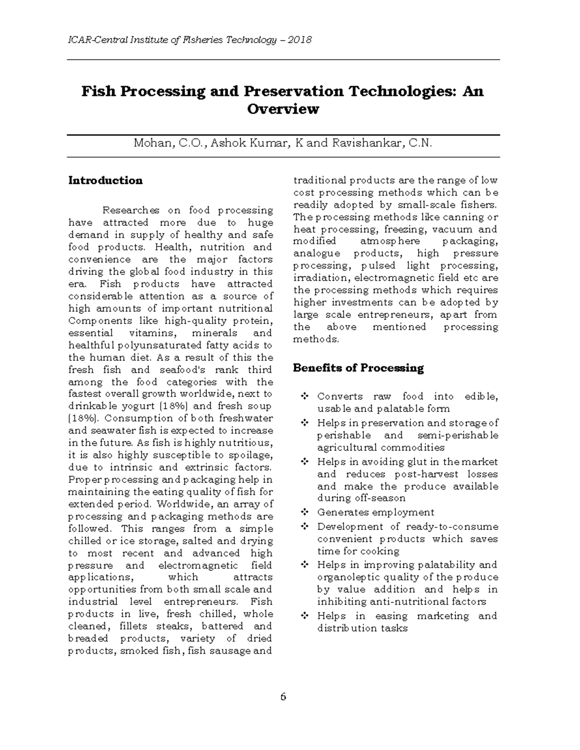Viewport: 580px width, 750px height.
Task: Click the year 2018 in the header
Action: coord(300,40)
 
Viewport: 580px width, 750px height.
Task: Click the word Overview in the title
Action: coord(283,109)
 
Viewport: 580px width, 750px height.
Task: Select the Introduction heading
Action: coord(105,181)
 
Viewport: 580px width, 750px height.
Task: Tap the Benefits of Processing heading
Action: coord(358,368)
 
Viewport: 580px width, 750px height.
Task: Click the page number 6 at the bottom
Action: coord(283,697)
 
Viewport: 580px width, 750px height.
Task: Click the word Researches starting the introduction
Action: coord(130,211)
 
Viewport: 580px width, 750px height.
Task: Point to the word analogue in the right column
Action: coord(317,254)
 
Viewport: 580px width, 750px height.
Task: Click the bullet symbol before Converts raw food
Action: coord(304,396)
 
